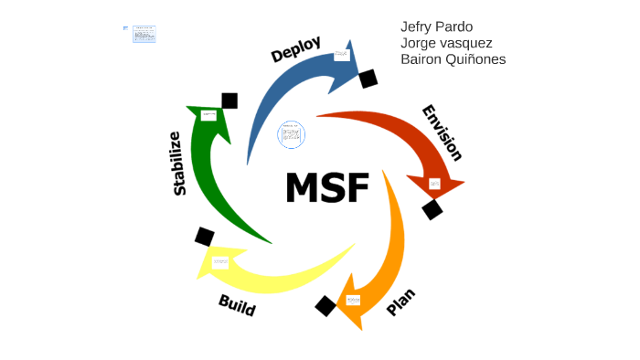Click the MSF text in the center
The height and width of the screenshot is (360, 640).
pyautogui.click(x=326, y=188)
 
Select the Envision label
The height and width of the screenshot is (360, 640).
pyautogui.click(x=442, y=132)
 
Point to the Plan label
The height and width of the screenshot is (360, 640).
pyautogui.click(x=400, y=302)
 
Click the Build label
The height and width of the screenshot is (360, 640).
pyautogui.click(x=237, y=305)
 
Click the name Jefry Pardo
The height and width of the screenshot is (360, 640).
pyautogui.click(x=437, y=26)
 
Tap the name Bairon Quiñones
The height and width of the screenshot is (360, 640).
pyautogui.click(x=453, y=59)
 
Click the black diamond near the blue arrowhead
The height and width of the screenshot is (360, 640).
pyautogui.click(x=368, y=79)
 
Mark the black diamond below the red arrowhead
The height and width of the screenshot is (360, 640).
pyautogui.click(x=432, y=209)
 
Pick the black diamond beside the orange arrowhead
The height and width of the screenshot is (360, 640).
pyautogui.click(x=325, y=306)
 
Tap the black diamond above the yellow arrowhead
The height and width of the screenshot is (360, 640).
pyautogui.click(x=205, y=237)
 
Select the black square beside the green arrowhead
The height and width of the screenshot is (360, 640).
pyautogui.click(x=229, y=101)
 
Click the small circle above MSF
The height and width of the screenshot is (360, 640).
pyautogui.click(x=291, y=133)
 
